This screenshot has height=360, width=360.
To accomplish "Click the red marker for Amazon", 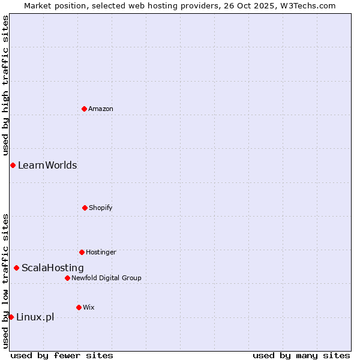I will point(84,109).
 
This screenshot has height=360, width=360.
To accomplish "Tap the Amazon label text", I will point(101,109).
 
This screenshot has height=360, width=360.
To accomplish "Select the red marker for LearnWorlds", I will point(13,165).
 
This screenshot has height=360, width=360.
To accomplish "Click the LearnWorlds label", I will point(47,166).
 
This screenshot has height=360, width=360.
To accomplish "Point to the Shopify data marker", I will point(85,208).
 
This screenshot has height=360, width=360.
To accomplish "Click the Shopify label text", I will point(101,208).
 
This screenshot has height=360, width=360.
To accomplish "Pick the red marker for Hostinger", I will point(82,252).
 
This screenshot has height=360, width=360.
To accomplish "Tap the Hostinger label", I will point(101,253).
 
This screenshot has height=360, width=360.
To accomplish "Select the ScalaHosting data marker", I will point(16,268).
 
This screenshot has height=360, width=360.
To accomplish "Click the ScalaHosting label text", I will point(53,268).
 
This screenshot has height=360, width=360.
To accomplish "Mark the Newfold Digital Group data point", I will point(67,278).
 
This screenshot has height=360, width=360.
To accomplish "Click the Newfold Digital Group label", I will point(106,278).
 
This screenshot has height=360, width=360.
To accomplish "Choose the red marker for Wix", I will point(79,307).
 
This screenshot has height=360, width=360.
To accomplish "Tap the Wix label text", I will point(89,308).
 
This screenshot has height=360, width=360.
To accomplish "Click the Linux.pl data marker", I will point(11,317).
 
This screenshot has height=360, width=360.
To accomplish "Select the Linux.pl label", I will point(35,317).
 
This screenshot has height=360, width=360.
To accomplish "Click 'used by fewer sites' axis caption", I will point(62,356).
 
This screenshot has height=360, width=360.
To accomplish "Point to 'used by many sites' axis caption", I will point(301,356).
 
